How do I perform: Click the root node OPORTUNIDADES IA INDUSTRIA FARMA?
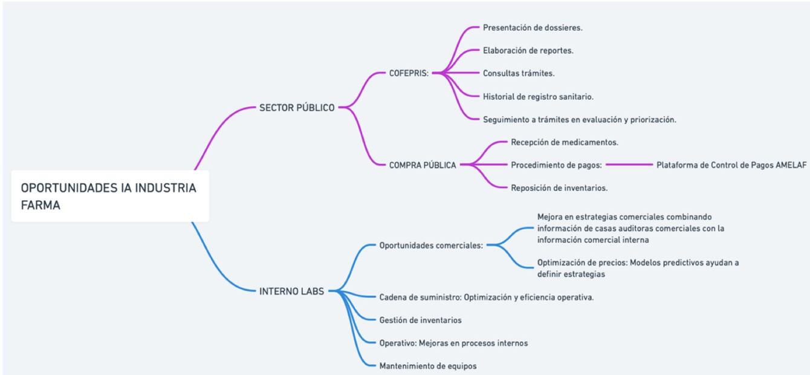(x=109, y=196)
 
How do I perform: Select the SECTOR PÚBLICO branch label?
(x=297, y=108)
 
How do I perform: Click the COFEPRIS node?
(x=409, y=73)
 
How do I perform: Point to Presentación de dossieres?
(x=533, y=28)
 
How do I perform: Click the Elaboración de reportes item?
(x=528, y=51)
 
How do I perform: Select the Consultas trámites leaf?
(x=519, y=73)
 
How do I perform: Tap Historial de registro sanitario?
(x=539, y=96)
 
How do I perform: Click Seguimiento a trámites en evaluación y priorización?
(x=579, y=119)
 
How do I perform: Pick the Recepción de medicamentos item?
(x=564, y=142)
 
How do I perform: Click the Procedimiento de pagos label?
(x=556, y=165)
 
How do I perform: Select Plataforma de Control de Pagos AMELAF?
(x=731, y=165)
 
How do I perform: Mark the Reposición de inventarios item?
(x=559, y=187)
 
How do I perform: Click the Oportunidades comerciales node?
(x=430, y=246)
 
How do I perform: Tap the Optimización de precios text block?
(x=638, y=268)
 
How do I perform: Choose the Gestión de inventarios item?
(x=420, y=320)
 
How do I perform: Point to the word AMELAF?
(x=791, y=165)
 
